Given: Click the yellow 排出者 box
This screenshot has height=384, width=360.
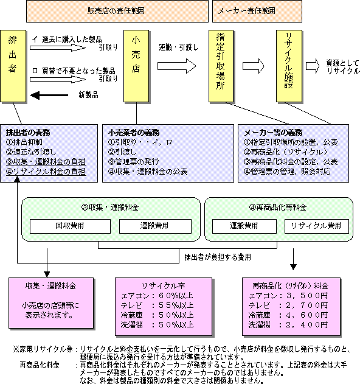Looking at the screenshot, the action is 13,66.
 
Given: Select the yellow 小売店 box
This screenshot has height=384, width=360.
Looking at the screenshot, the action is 136,66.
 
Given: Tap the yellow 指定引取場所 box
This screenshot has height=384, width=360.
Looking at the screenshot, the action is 221,66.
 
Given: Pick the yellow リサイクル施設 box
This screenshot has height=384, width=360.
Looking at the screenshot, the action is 289,66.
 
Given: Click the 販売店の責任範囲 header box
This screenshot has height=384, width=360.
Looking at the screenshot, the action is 117,11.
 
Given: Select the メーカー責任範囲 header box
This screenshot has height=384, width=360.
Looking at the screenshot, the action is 257,11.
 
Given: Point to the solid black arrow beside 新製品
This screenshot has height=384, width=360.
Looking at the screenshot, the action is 49,96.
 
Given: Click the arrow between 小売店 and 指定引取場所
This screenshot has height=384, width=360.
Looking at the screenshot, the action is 177,66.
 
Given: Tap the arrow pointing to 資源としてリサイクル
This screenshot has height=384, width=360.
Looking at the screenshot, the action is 313,66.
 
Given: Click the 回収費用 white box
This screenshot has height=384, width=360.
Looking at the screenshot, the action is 70,226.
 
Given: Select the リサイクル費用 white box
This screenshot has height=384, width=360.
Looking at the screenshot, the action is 317,226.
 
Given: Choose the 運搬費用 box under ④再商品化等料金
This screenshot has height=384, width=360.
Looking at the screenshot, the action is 244,226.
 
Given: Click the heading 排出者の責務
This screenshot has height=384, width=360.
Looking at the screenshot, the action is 28,133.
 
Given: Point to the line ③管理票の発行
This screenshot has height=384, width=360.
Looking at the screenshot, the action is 134,162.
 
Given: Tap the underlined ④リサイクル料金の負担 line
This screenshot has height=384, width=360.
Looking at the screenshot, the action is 46,172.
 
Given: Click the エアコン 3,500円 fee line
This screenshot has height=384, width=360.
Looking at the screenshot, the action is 288,296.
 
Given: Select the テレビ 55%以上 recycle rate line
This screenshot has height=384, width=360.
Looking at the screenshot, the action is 157,305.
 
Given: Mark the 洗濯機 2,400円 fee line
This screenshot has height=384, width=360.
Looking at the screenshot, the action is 288,325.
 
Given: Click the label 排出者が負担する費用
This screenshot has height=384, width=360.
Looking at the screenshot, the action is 218,257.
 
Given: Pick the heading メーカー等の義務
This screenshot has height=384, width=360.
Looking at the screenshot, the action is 273,133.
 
